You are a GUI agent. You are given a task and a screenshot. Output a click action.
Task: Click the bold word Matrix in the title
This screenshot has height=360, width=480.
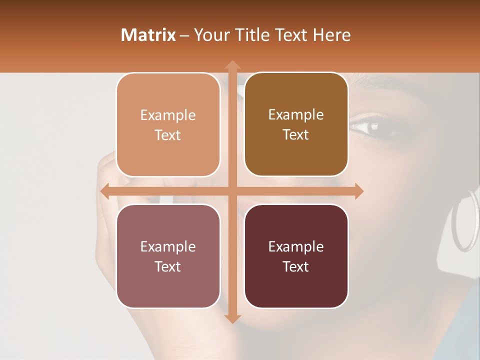click(148, 35)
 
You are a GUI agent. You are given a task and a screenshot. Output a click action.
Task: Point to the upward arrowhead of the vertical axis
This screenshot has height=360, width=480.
click(232, 65)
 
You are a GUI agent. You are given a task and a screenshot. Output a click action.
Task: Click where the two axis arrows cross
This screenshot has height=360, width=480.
click(232, 191)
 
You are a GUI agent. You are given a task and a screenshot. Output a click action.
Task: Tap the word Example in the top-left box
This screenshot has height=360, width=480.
click(168, 115)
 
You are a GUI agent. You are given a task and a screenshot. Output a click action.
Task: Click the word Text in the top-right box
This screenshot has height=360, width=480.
click(296, 135)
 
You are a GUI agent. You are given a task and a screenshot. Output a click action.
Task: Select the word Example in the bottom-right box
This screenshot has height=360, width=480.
click(296, 247)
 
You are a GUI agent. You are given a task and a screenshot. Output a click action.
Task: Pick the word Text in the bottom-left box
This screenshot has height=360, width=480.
click(168, 266)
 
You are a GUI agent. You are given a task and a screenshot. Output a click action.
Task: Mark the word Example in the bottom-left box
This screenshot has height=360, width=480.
click(168, 247)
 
